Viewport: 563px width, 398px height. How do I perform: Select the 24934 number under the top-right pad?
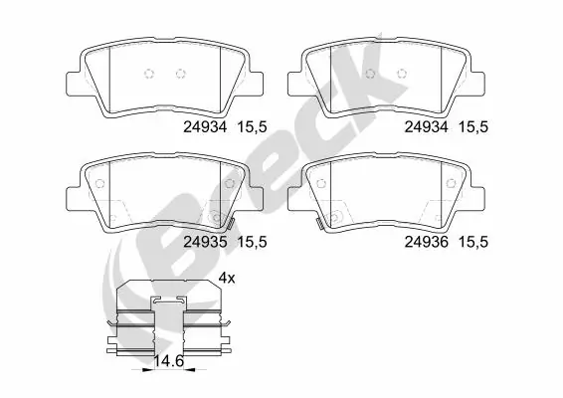pyautogui.click(x=426, y=126)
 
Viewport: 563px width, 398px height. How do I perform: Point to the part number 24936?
pyautogui.click(x=426, y=240)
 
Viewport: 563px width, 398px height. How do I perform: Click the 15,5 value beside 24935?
pyautogui.click(x=251, y=240)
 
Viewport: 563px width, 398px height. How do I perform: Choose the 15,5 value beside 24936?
pyautogui.click(x=470, y=240)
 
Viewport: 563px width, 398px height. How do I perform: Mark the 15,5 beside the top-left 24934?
pyautogui.click(x=251, y=126)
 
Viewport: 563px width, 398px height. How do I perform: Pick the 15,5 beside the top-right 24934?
pyautogui.click(x=470, y=126)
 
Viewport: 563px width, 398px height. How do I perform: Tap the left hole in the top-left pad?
pyautogui.click(x=148, y=73)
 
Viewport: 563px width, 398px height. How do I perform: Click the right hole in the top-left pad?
pyautogui.click(x=181, y=73)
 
